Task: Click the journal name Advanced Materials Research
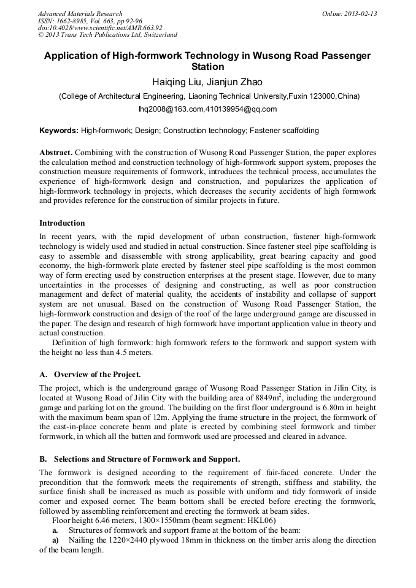point(80,13)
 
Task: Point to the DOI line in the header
point(100,28)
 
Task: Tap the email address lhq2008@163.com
point(171,109)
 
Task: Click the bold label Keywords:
point(59,131)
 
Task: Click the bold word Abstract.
point(56,152)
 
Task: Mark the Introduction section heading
point(62,223)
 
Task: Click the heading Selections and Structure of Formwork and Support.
point(147,459)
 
